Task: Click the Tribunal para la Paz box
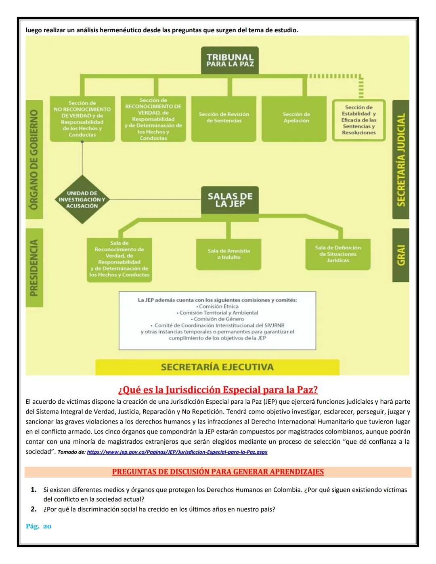tap(230, 61)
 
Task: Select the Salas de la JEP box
tap(230, 200)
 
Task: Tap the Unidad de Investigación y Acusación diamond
tap(82, 199)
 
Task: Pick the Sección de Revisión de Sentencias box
tap(224, 118)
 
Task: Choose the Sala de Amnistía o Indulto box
tap(228, 254)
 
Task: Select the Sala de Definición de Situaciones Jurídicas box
tap(338, 254)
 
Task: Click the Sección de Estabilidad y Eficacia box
tap(358, 120)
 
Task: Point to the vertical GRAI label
tap(400, 255)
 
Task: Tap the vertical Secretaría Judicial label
tap(400, 159)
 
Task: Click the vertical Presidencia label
tap(34, 267)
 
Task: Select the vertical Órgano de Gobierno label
tap(34, 159)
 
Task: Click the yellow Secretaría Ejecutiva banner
tap(217, 367)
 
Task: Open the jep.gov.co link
tap(177, 452)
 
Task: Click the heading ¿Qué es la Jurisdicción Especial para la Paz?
tap(218, 390)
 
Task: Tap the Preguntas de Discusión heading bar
tap(218, 472)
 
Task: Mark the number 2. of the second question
tap(34, 509)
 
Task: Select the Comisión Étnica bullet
tap(217, 306)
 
